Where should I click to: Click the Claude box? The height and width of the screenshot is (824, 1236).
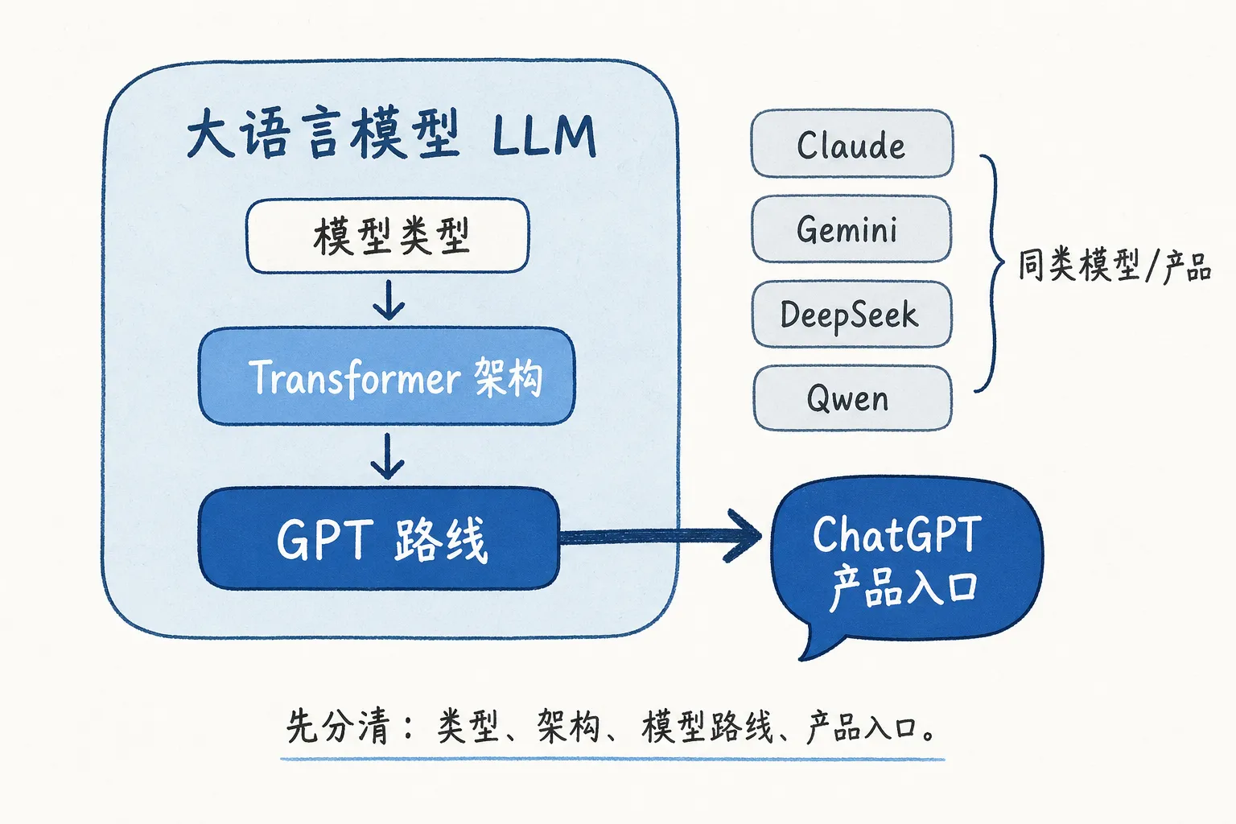click(851, 144)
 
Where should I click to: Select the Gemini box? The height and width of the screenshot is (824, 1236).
click(851, 229)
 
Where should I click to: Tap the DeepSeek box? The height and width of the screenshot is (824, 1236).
click(851, 315)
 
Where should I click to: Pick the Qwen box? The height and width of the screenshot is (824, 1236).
click(851, 398)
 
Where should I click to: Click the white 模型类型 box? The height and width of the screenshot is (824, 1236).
click(388, 237)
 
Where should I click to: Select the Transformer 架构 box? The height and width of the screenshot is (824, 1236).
click(388, 377)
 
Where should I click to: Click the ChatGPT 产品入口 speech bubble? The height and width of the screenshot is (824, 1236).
click(905, 559)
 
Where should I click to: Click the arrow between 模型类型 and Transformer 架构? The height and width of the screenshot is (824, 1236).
click(389, 300)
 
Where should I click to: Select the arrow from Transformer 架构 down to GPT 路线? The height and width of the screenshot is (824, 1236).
click(388, 456)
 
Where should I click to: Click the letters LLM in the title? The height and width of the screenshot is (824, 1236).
click(544, 136)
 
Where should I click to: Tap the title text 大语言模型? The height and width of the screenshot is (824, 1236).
click(322, 134)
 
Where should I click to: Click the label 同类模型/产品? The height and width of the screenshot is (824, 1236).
click(1114, 266)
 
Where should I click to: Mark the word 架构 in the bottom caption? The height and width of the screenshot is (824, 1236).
click(568, 727)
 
